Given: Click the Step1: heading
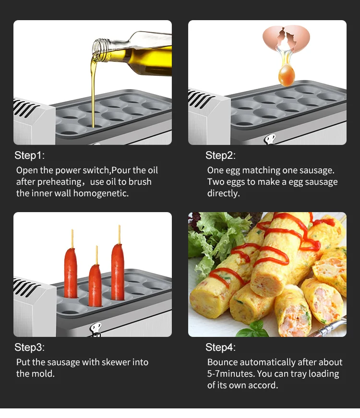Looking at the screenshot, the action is (x=30, y=155).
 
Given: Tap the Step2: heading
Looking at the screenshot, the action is (x=220, y=155).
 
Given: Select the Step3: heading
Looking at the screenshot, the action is (x=30, y=347).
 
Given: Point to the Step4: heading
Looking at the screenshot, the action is (x=220, y=347).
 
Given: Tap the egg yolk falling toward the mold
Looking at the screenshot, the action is (x=287, y=75).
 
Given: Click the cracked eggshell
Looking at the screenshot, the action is (x=287, y=38).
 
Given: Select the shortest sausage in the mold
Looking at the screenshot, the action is (x=95, y=286).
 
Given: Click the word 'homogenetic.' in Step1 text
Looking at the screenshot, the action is (x=101, y=193).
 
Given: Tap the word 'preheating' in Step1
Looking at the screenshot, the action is (x=60, y=182).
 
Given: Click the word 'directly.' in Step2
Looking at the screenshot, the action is (x=224, y=193).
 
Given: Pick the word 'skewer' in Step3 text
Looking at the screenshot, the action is (x=116, y=362).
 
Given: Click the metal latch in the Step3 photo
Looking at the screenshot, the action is (x=96, y=330).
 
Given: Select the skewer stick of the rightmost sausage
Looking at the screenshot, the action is (x=119, y=234).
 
